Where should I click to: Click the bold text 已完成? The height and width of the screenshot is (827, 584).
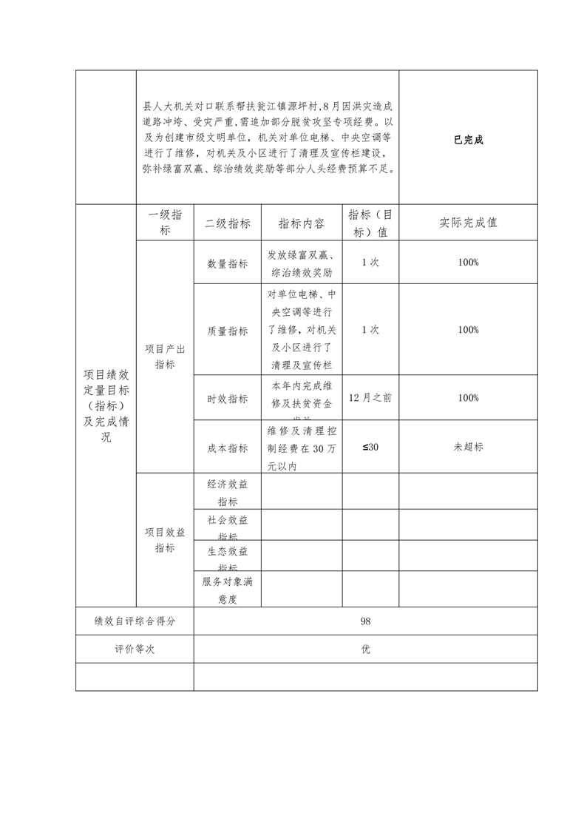click(468, 140)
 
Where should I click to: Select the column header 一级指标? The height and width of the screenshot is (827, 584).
click(165, 223)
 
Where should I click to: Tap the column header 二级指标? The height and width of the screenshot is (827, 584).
click(228, 223)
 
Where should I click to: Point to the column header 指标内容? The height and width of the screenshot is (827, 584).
click(301, 223)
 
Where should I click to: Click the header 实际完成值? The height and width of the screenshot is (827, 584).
click(468, 223)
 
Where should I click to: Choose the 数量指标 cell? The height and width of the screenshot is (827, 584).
click(228, 263)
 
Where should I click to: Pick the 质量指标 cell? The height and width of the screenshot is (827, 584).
click(228, 331)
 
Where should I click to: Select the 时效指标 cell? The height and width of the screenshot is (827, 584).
click(228, 398)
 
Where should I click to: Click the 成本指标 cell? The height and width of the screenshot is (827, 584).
click(228, 448)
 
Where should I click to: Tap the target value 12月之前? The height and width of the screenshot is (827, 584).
click(370, 397)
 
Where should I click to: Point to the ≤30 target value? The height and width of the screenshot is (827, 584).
click(370, 447)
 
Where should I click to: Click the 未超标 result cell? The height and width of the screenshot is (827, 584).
click(468, 447)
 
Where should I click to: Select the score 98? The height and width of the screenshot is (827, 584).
click(365, 621)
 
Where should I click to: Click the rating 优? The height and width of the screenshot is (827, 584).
click(365, 649)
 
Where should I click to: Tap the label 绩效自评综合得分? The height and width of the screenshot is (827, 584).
click(135, 621)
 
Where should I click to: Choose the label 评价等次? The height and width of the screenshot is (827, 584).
click(135, 649)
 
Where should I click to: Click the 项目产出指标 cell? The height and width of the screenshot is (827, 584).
click(165, 357)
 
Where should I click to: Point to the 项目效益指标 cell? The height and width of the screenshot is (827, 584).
click(165, 540)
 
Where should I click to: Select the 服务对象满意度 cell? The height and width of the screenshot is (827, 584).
click(228, 590)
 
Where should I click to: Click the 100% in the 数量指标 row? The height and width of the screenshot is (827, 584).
click(468, 263)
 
